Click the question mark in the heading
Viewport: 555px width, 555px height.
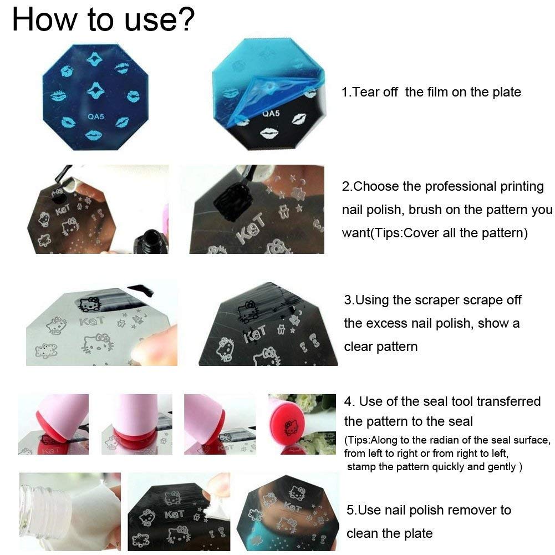click(186, 19)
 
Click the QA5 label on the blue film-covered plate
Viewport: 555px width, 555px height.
click(96, 116)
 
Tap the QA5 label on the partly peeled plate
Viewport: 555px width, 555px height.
click(271, 114)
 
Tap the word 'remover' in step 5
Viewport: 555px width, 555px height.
click(472, 510)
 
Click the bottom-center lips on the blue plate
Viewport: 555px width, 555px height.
click(94, 135)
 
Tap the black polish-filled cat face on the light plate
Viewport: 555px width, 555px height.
click(89, 304)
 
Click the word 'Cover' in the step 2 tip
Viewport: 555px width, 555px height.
click(419, 233)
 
